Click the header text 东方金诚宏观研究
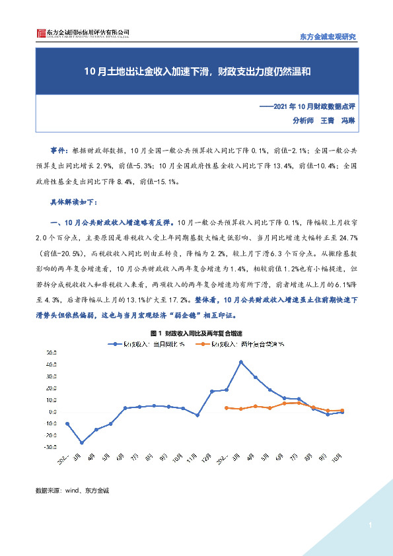pyautogui.click(x=328, y=37)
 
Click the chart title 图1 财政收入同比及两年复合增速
pyautogui.click(x=196, y=333)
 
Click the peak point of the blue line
pyautogui.click(x=241, y=362)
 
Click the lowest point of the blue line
pyautogui.click(x=82, y=442)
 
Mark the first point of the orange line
pyautogui.click(x=227, y=408)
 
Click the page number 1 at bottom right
pyautogui.click(x=371, y=526)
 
